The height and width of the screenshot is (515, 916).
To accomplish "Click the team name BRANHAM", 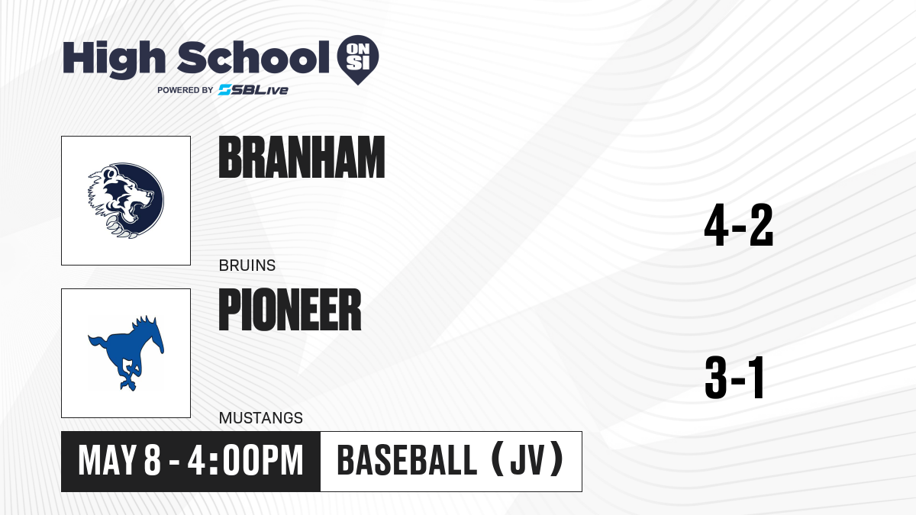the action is (x=302, y=157).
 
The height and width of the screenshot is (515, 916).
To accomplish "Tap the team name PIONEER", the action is (x=290, y=309).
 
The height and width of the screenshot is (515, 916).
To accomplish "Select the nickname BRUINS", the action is (x=247, y=266).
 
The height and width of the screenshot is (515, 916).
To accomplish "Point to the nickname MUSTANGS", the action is (x=261, y=418).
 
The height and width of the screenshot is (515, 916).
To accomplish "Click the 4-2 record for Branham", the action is (x=739, y=225).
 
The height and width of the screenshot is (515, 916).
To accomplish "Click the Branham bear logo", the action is (x=126, y=201).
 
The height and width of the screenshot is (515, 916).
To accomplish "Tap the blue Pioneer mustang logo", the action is (x=126, y=353).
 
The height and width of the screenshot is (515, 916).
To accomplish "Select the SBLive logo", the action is (x=253, y=90).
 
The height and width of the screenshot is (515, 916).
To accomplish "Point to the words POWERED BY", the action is (x=185, y=90).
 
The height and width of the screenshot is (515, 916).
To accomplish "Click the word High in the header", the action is (x=114, y=60).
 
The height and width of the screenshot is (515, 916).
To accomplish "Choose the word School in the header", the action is (x=253, y=58).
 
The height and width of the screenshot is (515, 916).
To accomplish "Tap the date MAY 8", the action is (x=119, y=460).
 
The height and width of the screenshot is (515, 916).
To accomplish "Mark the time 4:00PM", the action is (x=245, y=460).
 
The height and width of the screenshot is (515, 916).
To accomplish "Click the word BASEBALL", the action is (x=407, y=460).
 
